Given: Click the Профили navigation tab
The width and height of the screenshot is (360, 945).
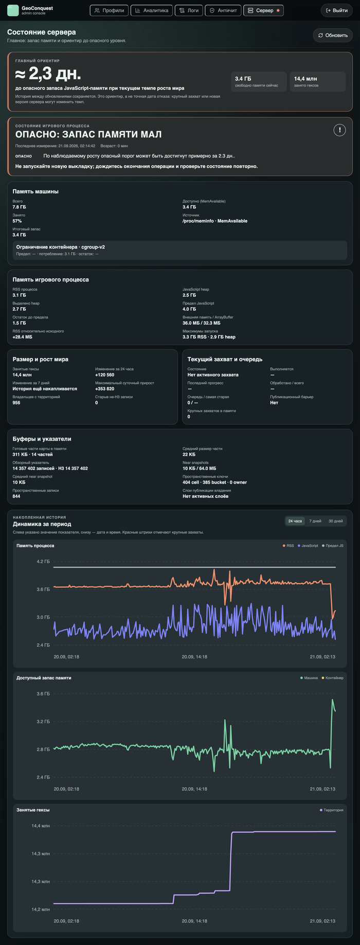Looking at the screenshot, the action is point(109,10).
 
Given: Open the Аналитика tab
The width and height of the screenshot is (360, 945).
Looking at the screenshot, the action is point(152,10).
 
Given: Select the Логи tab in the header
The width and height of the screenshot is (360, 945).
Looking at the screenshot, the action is point(189,10).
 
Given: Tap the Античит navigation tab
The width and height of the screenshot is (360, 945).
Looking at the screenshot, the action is point(223,10).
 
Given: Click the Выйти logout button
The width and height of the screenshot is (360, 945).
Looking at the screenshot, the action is point(337,10).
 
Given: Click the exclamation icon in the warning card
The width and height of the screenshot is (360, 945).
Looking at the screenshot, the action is point(339,130).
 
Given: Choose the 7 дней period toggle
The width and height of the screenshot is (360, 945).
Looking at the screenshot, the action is point(315,521).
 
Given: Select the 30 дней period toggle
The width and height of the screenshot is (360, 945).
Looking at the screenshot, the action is point(335,521).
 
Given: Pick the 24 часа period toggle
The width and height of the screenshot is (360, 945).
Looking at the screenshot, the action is point(295,521).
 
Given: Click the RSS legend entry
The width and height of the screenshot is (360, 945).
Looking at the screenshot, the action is point(288,546).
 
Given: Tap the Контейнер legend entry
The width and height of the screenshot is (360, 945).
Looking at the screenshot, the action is point(332,678).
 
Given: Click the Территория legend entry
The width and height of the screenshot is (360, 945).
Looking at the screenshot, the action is point(331,810).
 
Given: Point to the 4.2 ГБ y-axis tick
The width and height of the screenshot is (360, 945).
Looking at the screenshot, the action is point(43,562).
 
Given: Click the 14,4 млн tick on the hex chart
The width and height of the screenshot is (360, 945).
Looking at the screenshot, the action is point(41,826).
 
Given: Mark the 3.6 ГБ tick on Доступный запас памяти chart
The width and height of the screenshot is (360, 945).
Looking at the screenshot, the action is point(43,693).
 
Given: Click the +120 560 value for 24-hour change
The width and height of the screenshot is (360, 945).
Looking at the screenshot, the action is point(105,375).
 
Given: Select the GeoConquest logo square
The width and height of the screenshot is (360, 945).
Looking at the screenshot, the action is point(13,10).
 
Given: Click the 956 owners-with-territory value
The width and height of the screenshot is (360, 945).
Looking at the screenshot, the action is point(16,403).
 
